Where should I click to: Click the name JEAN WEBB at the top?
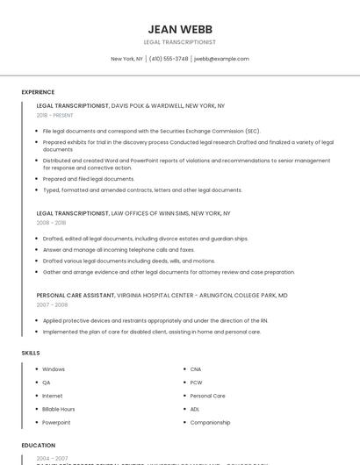(x=180, y=29)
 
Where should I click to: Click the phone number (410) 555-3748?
(x=169, y=59)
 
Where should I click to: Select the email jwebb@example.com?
(x=221, y=59)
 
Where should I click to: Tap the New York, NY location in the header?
(x=126, y=59)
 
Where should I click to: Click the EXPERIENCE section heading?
(x=38, y=92)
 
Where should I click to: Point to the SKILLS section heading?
(x=31, y=353)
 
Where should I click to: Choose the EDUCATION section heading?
(x=39, y=446)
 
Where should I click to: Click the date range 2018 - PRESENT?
(x=55, y=115)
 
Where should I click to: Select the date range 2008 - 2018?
(x=51, y=223)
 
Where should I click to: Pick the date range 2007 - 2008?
(x=52, y=305)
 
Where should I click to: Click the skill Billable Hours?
(x=59, y=409)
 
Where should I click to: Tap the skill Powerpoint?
(x=56, y=422)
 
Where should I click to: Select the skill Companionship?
(x=210, y=422)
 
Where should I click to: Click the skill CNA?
(x=197, y=369)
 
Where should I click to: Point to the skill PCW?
(x=197, y=383)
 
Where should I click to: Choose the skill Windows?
(x=54, y=369)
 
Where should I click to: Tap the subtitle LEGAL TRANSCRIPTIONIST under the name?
(x=180, y=42)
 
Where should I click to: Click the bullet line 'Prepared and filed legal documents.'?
(x=89, y=179)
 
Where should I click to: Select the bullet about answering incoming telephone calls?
(x=106, y=249)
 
